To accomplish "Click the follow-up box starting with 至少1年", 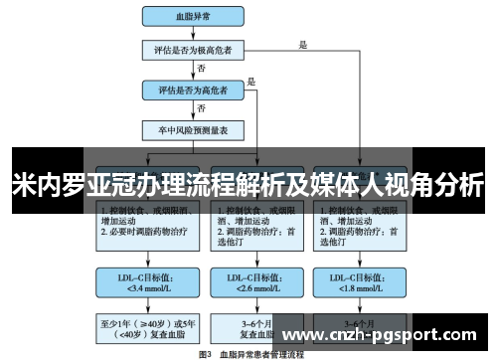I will (x=140, y=328).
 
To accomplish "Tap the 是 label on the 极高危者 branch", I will (x=303, y=43).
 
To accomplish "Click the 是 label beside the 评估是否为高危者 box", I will (x=251, y=82).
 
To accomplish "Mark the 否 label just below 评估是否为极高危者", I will (x=202, y=68).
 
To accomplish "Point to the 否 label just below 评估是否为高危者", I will (x=202, y=107).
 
